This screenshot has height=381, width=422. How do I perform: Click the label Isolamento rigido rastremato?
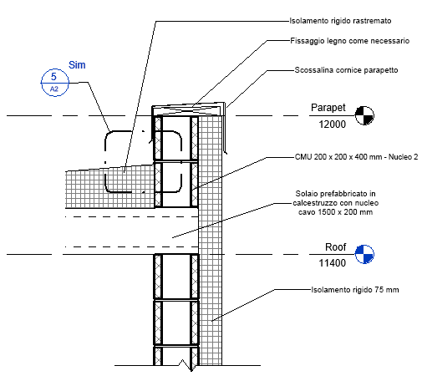pyautogui.click(x=340, y=21)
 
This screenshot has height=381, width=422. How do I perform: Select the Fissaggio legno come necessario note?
pyautogui.click(x=350, y=41)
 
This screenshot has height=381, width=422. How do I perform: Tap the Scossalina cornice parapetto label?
pyautogui.click(x=346, y=70)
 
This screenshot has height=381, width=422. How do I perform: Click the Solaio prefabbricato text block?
pyautogui.click(x=335, y=203)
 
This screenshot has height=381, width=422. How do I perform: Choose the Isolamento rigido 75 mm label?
pyautogui.click(x=355, y=290)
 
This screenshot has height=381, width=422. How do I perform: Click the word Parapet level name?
pyautogui.click(x=328, y=108)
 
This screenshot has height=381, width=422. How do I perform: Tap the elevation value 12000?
pyautogui.click(x=333, y=124)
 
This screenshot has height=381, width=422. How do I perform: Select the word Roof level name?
pyautogui.click(x=336, y=247)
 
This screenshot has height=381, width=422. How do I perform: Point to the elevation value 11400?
pyautogui.click(x=333, y=263)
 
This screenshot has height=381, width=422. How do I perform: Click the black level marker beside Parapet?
pyautogui.click(x=364, y=115)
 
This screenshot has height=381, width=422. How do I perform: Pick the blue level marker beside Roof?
pyautogui.click(x=364, y=254)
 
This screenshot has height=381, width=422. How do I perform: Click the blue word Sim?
pyautogui.click(x=77, y=65)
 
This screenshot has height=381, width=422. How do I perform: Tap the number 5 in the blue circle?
pyautogui.click(x=53, y=76)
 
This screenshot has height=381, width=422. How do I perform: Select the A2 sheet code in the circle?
pyautogui.click(x=54, y=89)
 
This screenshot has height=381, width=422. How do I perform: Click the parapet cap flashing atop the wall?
pyautogui.click(x=188, y=109)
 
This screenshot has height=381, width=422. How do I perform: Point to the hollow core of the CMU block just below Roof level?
pyautogui.click(x=176, y=277)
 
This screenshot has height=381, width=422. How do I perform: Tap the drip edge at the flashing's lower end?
pyautogui.click(x=226, y=152)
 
